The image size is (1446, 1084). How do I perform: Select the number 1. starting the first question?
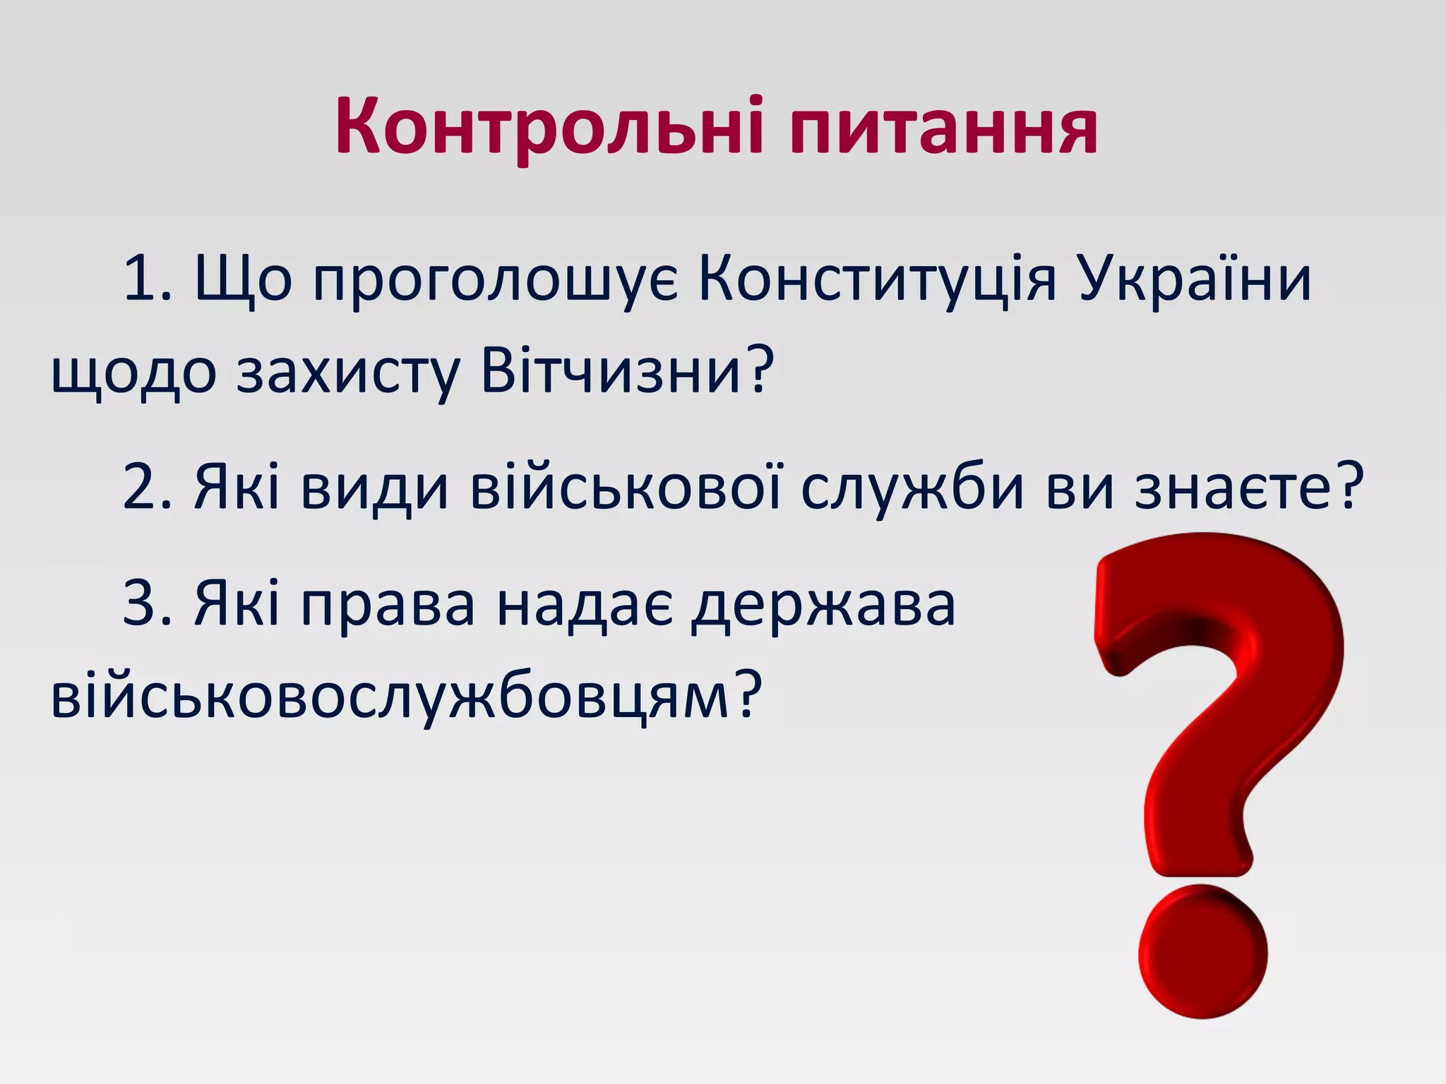(x=147, y=278)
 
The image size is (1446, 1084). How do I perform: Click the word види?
(x=374, y=487)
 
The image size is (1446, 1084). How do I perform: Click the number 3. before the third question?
(x=147, y=603)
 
